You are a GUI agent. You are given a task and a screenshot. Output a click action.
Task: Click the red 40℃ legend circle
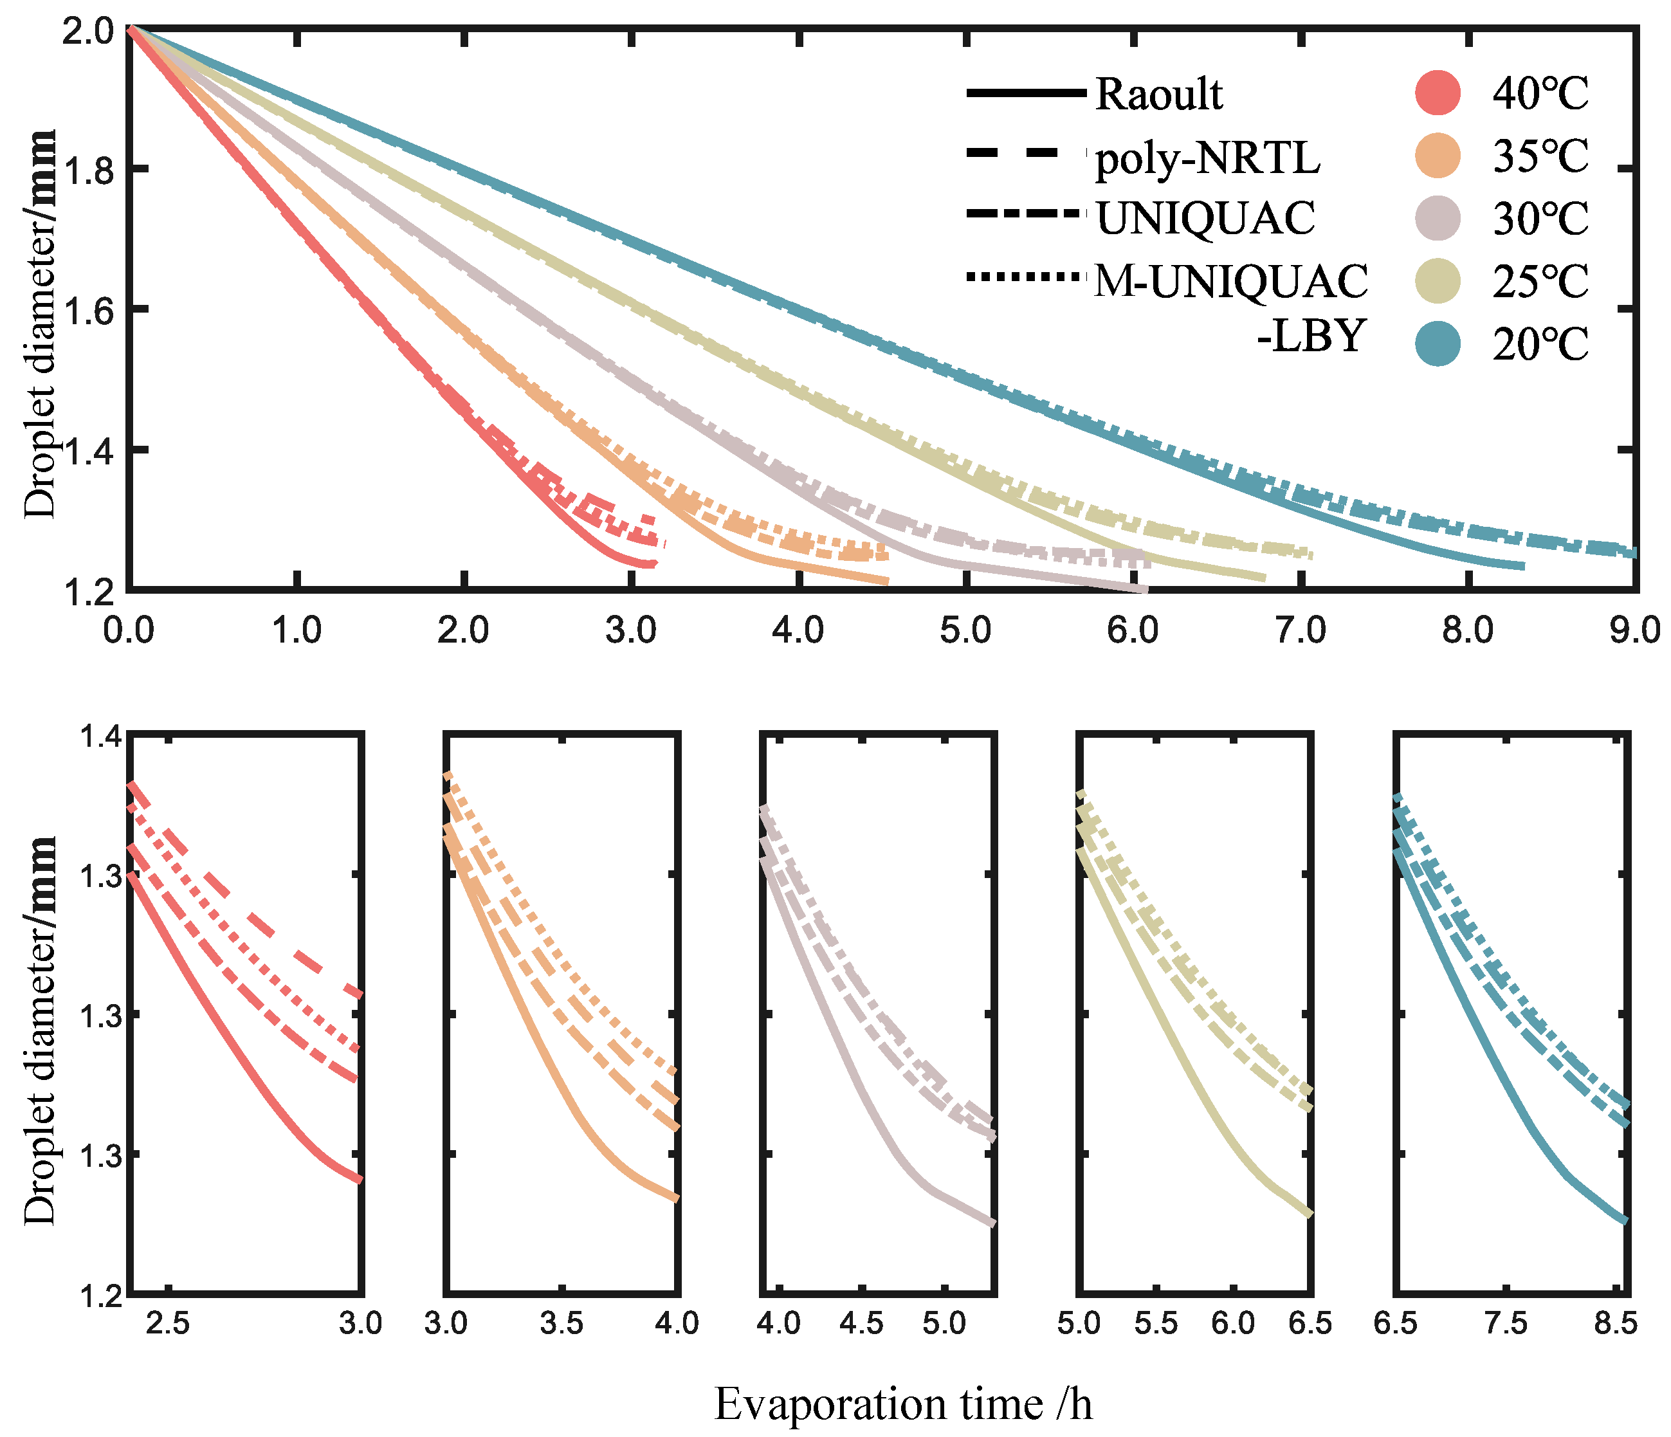click(x=1437, y=93)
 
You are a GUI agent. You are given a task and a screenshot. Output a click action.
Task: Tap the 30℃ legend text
click(x=1540, y=219)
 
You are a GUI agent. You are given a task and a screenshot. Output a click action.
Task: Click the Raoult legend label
click(x=1158, y=95)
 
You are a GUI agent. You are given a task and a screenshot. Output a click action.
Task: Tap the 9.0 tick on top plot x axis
click(x=1634, y=630)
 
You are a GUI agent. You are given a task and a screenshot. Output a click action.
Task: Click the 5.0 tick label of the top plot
click(x=965, y=630)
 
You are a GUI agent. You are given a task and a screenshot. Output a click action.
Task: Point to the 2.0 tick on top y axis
click(x=87, y=32)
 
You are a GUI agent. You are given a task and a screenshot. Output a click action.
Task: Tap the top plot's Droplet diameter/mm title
click(x=41, y=322)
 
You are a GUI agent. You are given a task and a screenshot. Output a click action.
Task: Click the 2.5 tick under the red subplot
click(x=168, y=1323)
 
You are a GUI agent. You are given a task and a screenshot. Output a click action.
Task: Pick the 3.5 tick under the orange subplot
click(x=562, y=1323)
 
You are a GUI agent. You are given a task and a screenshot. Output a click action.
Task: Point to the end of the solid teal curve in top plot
click(x=1522, y=566)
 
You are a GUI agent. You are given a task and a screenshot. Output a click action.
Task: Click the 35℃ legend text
click(x=1540, y=156)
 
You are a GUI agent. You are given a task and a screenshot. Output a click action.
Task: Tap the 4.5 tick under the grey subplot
click(x=862, y=1323)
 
